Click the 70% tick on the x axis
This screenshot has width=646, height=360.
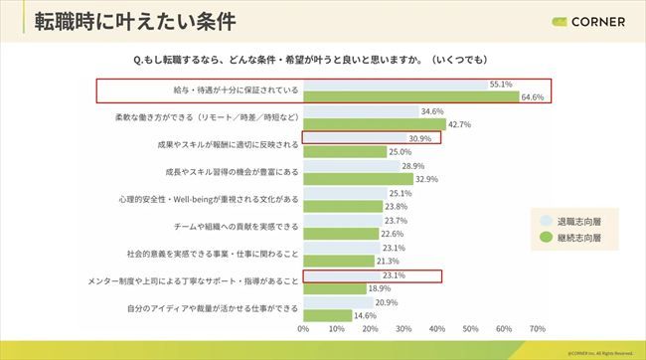click(538, 328)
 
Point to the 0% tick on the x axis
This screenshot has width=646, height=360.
click(303, 328)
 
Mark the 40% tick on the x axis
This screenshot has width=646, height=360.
click(437, 328)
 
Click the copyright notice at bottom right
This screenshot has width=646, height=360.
click(598, 352)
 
